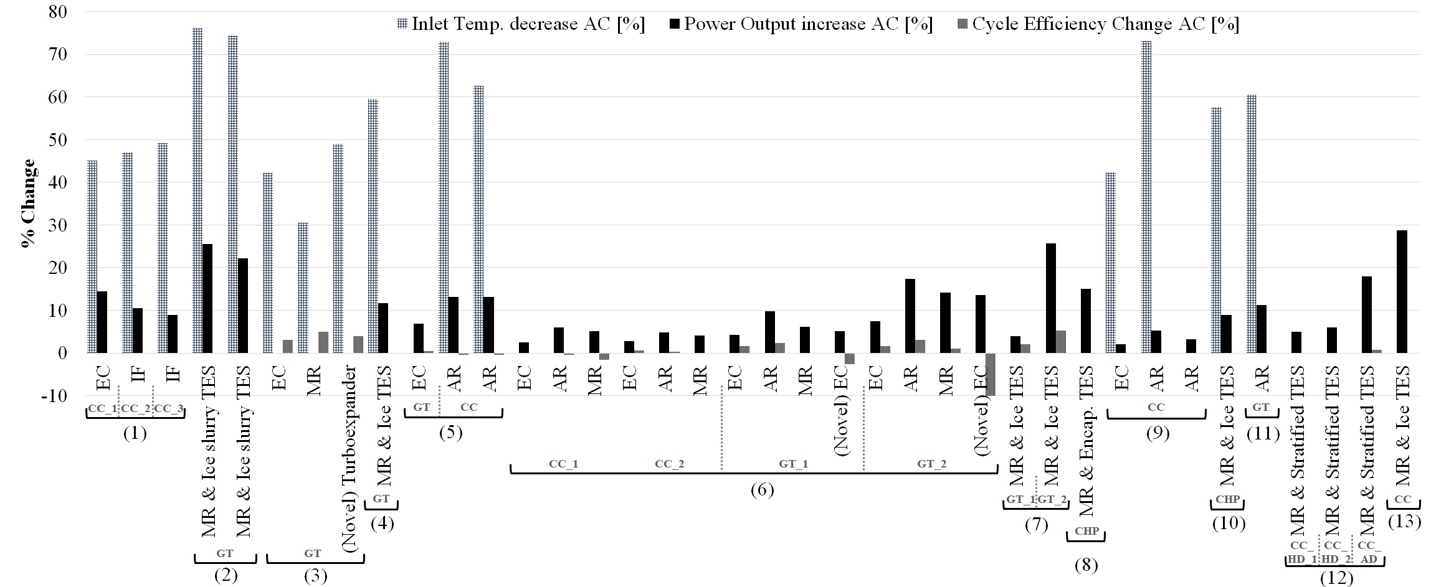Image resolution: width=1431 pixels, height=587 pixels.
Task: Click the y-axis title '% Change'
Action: (28, 204)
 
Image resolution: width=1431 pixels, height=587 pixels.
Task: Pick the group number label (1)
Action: (135, 433)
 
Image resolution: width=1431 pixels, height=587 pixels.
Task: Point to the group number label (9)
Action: (1157, 433)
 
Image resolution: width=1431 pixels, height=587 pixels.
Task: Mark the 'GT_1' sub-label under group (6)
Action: (793, 464)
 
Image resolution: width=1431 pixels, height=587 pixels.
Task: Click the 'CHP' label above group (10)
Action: (1227, 501)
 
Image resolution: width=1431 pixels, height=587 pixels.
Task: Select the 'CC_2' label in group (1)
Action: (135, 408)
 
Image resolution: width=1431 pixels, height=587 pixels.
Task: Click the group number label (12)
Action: (1336, 578)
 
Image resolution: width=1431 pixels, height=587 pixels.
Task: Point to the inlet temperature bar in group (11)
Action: (1251, 226)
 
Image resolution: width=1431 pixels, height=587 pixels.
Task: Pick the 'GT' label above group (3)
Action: (313, 553)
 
